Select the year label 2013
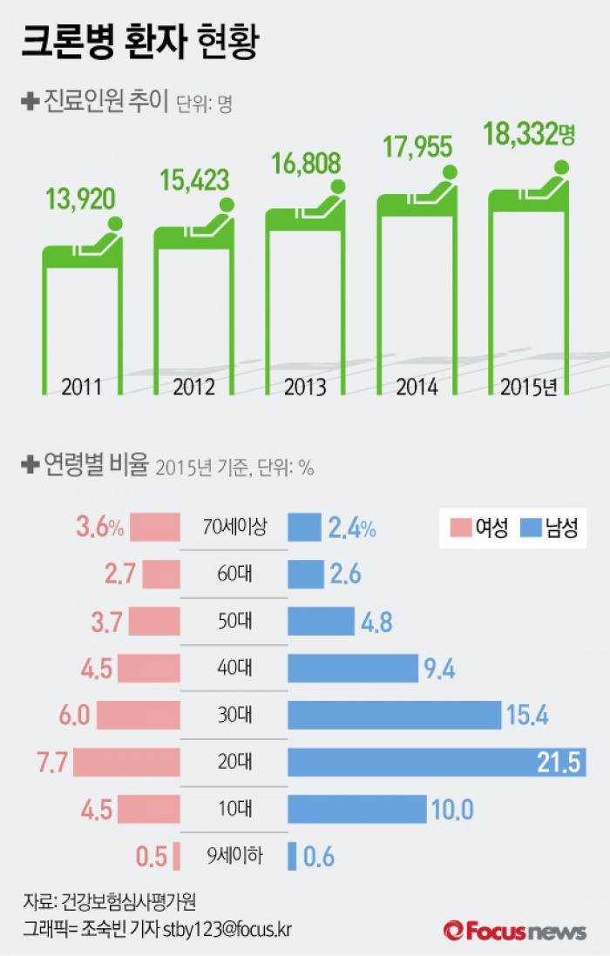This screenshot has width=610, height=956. pyautogui.click(x=305, y=386)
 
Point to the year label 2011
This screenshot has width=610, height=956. pyautogui.click(x=82, y=386)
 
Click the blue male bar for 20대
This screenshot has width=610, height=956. pyautogui.click(x=436, y=762)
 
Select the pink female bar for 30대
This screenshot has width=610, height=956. pyautogui.click(x=139, y=715)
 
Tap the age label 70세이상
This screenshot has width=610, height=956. pyautogui.click(x=234, y=528)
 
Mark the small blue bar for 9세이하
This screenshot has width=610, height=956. pyautogui.click(x=293, y=857)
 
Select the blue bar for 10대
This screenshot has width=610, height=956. pyautogui.click(x=356, y=810)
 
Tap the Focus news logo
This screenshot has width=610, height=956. pyautogui.click(x=514, y=930)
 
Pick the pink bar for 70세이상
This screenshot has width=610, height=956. pyautogui.click(x=159, y=528)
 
